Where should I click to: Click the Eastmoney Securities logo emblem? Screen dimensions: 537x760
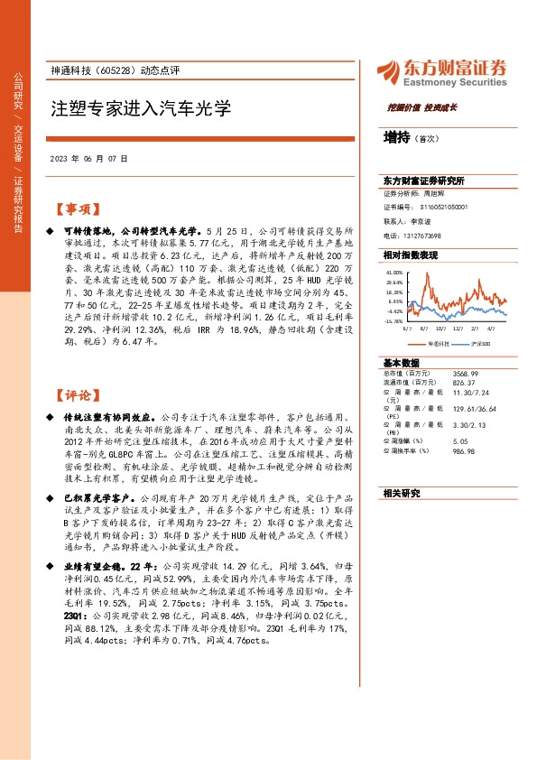point(390,72)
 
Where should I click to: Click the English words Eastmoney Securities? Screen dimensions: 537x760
point(455,81)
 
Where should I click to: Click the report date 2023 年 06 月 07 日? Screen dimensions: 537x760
point(88,158)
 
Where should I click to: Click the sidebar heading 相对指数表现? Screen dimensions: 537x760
point(411,256)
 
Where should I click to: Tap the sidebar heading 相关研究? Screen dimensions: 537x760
point(402,493)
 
